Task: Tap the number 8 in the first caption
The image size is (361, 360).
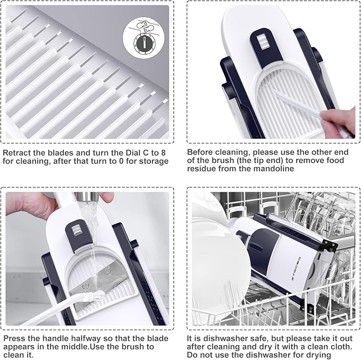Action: (163, 153)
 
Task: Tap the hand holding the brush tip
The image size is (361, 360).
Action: (338, 123)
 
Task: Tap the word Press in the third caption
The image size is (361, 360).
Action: (14, 339)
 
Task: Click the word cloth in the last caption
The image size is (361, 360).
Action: (341, 347)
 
